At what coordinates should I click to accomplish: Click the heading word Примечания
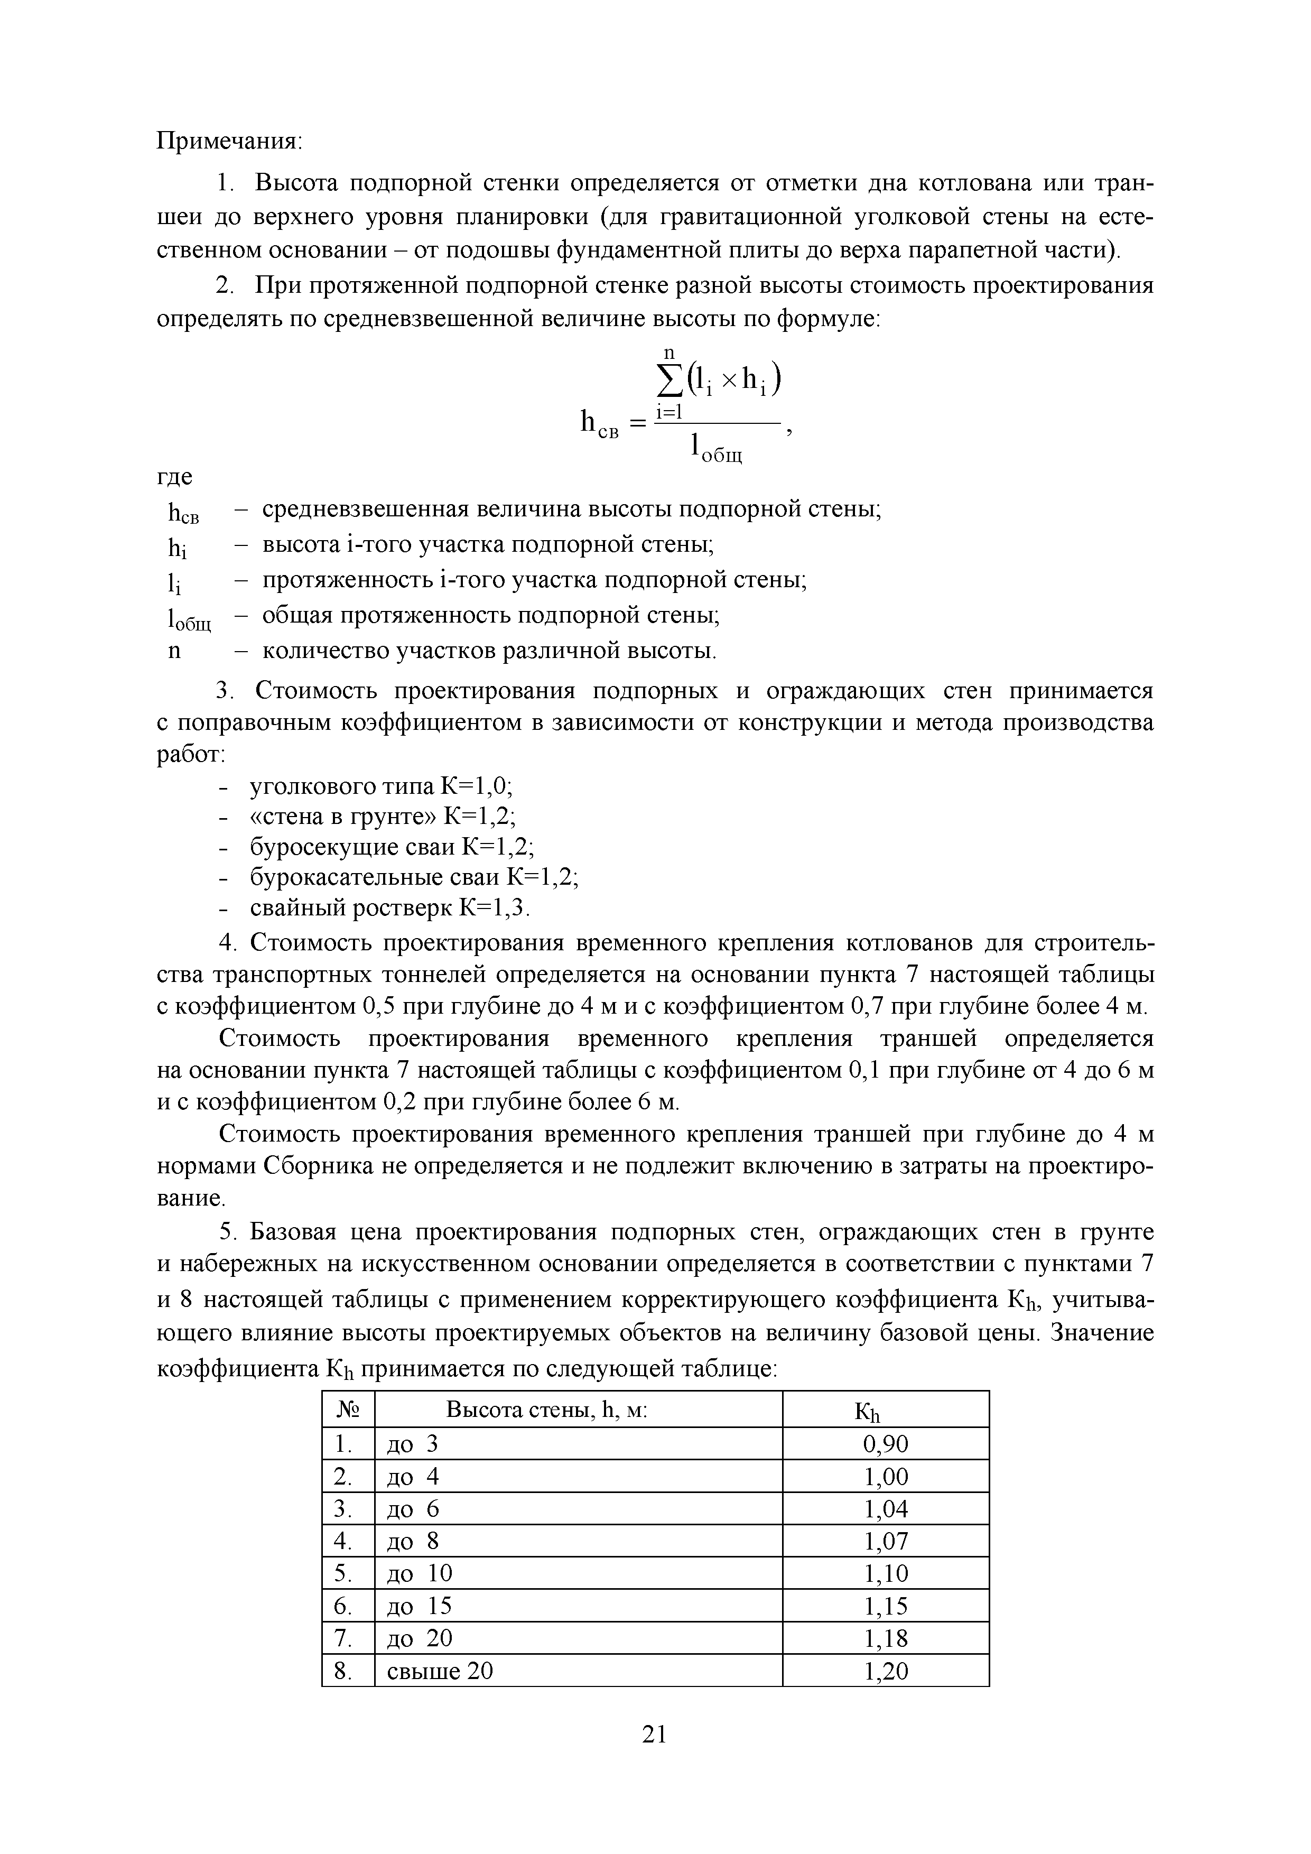tap(228, 141)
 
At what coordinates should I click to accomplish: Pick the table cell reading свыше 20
tap(440, 1671)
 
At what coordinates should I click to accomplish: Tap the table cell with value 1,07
tap(886, 1542)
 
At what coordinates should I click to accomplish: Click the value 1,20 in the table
tap(886, 1671)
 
